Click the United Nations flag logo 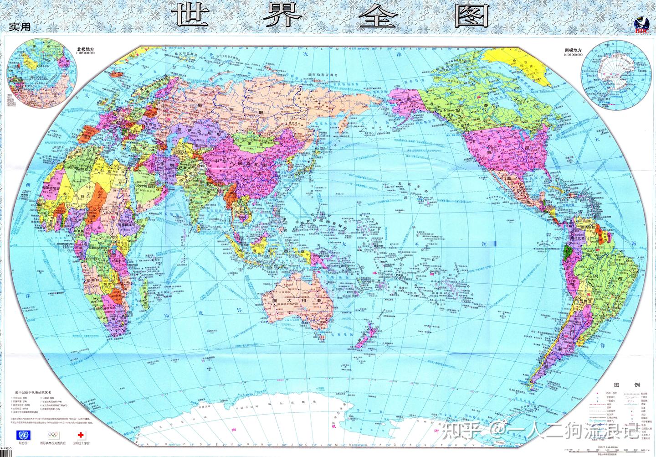click(21, 434)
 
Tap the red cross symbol click(82, 434)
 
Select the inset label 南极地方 click(572, 49)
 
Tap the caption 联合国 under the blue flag click(21, 444)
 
